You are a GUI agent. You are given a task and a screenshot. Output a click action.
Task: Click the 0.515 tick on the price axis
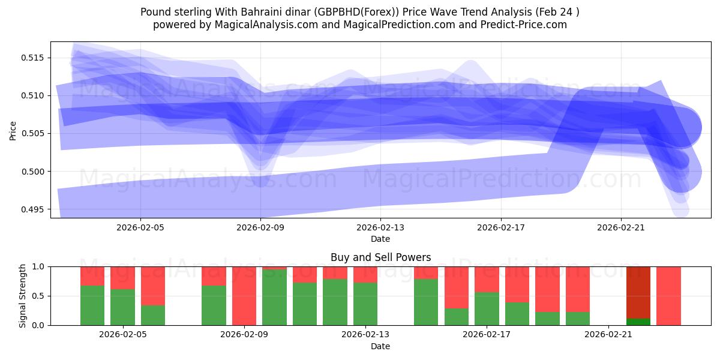(x=34, y=58)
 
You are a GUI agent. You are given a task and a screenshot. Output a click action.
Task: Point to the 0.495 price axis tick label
(x=34, y=209)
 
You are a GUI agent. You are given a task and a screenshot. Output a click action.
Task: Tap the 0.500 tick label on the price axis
(x=34, y=172)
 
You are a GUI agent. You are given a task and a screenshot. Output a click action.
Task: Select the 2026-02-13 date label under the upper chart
(x=380, y=228)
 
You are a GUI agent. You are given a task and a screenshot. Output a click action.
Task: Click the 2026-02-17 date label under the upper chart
(x=500, y=228)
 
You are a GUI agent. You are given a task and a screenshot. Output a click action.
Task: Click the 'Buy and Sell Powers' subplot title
(x=380, y=257)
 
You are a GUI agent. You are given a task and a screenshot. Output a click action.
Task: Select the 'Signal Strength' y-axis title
(x=22, y=296)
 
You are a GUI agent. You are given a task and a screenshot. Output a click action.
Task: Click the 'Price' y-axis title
(x=13, y=130)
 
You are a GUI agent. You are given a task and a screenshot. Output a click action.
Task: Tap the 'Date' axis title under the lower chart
(x=380, y=346)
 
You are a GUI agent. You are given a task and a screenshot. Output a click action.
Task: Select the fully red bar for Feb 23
(x=668, y=296)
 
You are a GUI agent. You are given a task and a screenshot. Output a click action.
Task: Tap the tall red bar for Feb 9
(x=244, y=296)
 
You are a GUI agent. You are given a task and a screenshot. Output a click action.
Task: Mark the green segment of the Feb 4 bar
(x=92, y=305)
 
